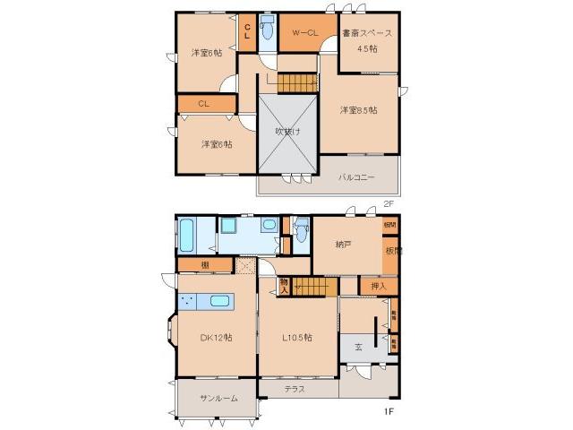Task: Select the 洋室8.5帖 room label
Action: point(357,110)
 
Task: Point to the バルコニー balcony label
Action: point(355,176)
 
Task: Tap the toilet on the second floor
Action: point(266,29)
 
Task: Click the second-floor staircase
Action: point(295,83)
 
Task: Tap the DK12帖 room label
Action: point(216,338)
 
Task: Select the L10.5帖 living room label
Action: point(296,338)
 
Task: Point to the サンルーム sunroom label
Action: point(218,398)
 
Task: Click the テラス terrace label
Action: point(295,389)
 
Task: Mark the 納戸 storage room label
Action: point(343,243)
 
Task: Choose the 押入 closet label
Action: point(378,286)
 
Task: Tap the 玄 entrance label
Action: point(358,347)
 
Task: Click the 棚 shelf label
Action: point(205,265)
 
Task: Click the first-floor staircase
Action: point(313,287)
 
